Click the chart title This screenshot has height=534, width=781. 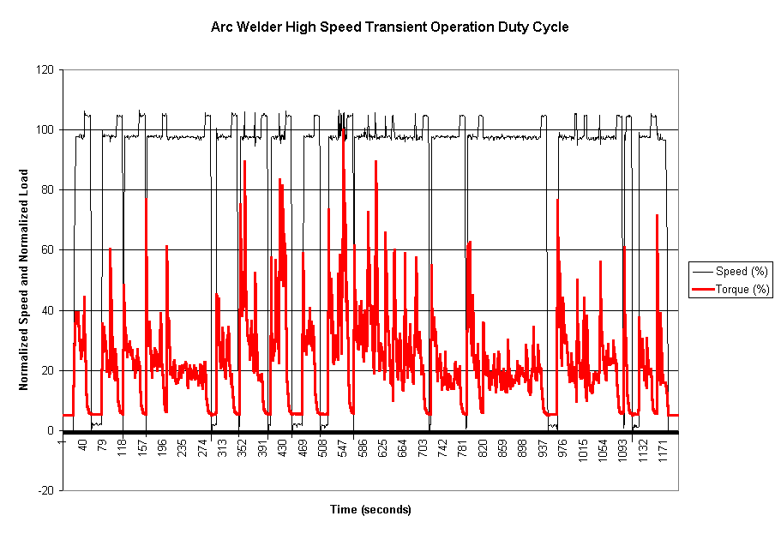pyautogui.click(x=390, y=27)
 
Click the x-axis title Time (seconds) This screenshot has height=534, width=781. pyautogui.click(x=370, y=510)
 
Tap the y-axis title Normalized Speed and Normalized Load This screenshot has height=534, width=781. pyautogui.click(x=24, y=279)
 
